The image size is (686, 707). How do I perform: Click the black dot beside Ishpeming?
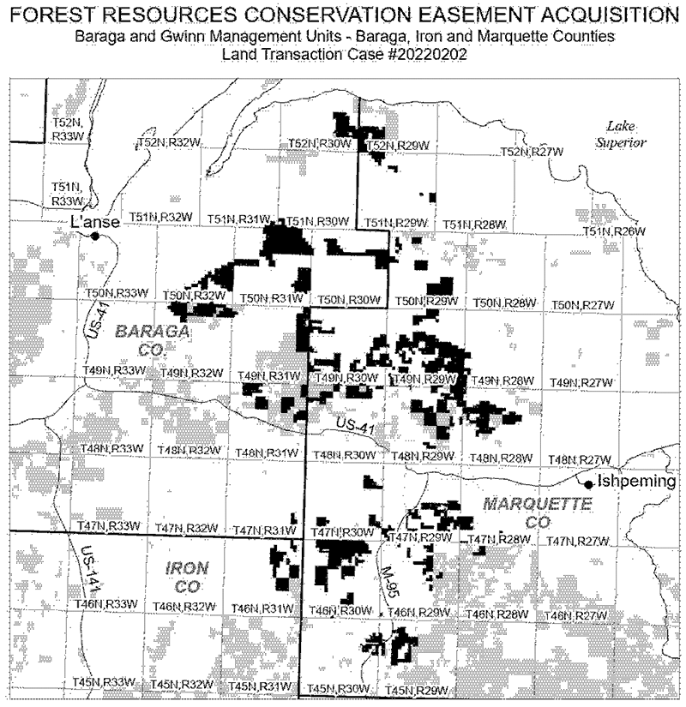[x=588, y=484]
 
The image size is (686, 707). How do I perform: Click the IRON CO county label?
[x=182, y=577]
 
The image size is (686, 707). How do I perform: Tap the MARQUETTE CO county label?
[x=537, y=512]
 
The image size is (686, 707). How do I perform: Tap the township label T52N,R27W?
[x=532, y=152]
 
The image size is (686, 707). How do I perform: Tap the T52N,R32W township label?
[x=169, y=141]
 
